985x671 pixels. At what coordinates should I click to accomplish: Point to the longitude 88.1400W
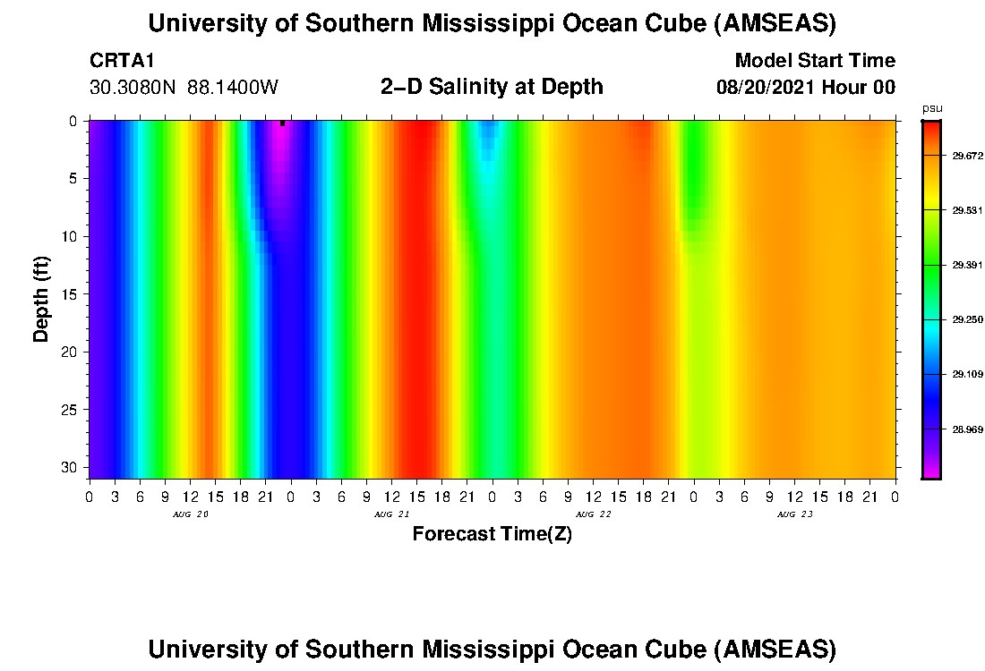pos(234,88)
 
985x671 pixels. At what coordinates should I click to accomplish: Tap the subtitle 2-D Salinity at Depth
pos(492,87)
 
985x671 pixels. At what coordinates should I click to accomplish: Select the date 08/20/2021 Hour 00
pos(805,88)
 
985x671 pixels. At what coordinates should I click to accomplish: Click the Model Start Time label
pos(814,61)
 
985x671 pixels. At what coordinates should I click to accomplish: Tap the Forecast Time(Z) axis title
pos(492,534)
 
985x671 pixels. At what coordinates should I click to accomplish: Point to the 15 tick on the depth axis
pos(72,294)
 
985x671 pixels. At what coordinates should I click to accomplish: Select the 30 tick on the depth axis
pos(72,468)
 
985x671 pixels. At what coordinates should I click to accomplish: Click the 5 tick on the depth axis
pos(75,179)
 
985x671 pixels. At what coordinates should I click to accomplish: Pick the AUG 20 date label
pos(184,514)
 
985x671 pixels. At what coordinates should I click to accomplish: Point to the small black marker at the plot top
pos(282,123)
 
